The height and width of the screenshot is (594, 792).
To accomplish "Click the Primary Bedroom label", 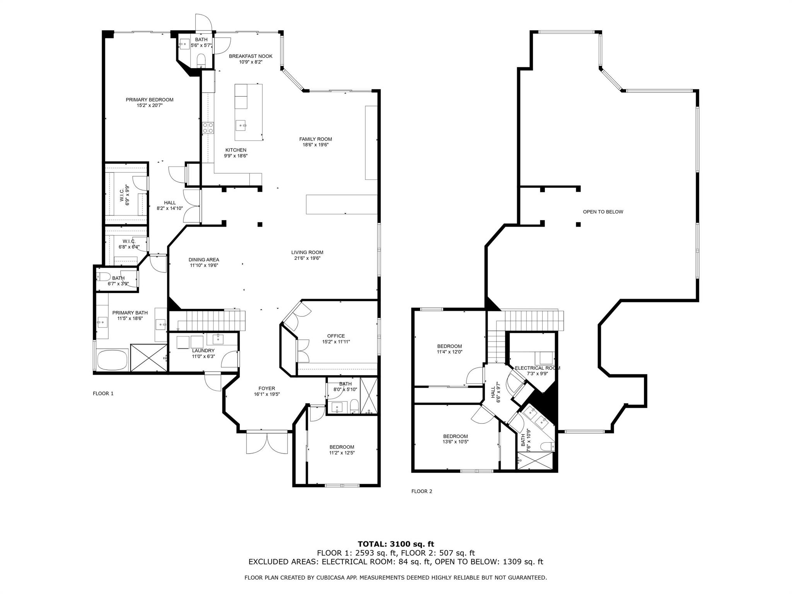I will point(149,100).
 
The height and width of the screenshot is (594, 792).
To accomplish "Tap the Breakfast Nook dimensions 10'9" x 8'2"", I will point(251,62).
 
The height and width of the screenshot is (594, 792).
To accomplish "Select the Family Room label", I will point(315,139).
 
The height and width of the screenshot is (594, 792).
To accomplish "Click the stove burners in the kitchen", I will point(208,128).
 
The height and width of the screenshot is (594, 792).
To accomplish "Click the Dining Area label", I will point(204,260).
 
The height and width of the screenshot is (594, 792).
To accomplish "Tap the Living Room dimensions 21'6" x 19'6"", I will point(307,258).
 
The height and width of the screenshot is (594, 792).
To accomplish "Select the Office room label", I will point(336,336).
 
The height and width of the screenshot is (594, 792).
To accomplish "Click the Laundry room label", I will point(203,351).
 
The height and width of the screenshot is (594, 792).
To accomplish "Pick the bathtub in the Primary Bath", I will point(112,360).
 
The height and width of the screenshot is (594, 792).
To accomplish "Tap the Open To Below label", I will point(603,212).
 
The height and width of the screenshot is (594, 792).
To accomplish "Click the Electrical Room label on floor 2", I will point(537,368).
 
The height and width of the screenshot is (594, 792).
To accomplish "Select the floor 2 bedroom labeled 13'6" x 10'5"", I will point(455,436).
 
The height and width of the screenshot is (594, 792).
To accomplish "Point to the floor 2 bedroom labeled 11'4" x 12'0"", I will point(449,346).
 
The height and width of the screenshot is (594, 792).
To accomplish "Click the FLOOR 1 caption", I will point(103,394).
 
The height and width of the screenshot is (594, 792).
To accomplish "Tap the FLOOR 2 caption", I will point(422,492).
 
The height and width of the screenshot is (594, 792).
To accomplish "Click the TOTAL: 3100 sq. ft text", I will point(396,544).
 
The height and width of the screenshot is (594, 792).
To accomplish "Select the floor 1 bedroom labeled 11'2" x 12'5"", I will point(341,447).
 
